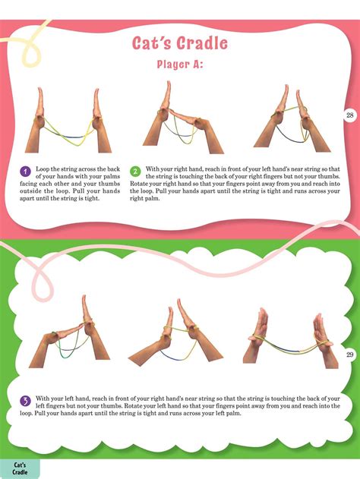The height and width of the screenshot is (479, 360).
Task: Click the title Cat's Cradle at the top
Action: [x=180, y=43]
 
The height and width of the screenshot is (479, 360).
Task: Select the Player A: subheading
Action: [x=180, y=65]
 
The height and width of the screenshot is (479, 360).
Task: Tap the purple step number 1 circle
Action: [x=25, y=171]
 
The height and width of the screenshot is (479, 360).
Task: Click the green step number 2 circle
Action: [x=135, y=171]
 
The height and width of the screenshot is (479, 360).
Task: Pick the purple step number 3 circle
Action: [x=25, y=401]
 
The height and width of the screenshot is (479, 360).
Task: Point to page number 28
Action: [x=350, y=115]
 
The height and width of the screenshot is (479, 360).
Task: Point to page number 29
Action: [x=350, y=355]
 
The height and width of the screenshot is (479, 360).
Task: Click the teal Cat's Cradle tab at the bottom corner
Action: [x=20, y=468]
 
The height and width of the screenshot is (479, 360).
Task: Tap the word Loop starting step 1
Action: [x=43, y=169]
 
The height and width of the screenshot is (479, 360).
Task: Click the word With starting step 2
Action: [x=152, y=169]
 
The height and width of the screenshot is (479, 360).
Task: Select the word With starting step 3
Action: [x=43, y=399]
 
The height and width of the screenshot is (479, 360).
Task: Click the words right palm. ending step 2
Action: [x=145, y=199]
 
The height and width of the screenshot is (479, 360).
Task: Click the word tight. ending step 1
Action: [x=93, y=198]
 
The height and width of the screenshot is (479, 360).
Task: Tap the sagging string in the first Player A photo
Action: [x=68, y=137]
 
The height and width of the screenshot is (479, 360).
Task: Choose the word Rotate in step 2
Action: [x=139, y=184]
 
